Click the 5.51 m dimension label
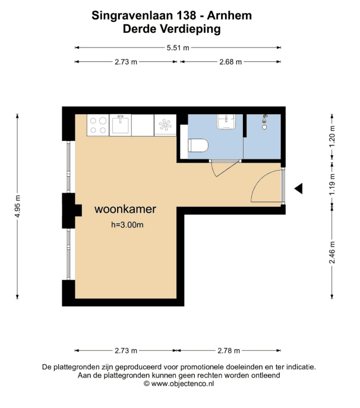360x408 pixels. point(178,48)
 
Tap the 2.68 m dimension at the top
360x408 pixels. point(230,62)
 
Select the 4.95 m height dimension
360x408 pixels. point(17,206)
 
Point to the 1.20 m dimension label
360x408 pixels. point(332,136)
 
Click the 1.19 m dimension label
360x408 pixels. point(332,184)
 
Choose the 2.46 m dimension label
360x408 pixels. point(332,252)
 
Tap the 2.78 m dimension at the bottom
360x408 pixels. point(229,351)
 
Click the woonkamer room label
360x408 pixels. point(125,209)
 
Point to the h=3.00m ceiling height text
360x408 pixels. point(127,225)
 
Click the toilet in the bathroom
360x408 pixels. point(198,146)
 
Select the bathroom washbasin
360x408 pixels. point(226,121)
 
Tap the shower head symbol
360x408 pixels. point(264,122)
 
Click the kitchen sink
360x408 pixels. point(121,125)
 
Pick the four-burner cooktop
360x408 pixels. point(98,125)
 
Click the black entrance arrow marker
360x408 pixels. point(298,189)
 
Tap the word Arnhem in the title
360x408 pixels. point(229,15)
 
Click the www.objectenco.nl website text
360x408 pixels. point(182,384)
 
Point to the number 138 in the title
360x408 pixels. point(187,15)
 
